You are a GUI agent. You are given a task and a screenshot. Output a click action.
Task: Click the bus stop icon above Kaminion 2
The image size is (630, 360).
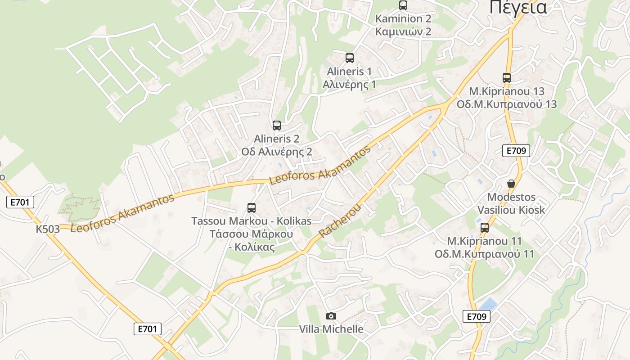pyautogui.click(x=403, y=5)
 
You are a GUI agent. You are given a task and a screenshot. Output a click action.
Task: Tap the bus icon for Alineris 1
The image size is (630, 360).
pyautogui.click(x=350, y=58)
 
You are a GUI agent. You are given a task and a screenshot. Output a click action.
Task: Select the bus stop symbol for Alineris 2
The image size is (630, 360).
pyautogui.click(x=276, y=126)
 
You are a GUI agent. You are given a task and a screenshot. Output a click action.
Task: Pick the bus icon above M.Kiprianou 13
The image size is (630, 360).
pyautogui.click(x=507, y=78)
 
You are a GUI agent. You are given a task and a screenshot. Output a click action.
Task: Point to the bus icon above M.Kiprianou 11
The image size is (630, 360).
pyautogui.click(x=485, y=228)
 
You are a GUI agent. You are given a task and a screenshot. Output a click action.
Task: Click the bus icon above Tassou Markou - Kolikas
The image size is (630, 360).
pyautogui.click(x=252, y=208)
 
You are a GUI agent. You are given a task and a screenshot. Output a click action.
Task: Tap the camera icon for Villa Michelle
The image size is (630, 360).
pyautogui.click(x=331, y=316)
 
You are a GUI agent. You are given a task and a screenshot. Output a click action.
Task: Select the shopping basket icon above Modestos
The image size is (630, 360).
pyautogui.click(x=511, y=184)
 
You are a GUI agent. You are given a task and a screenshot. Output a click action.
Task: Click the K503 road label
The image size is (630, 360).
pyautogui.click(x=48, y=229)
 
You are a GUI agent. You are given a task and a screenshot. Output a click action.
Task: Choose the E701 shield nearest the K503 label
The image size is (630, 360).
pyautogui.click(x=21, y=202)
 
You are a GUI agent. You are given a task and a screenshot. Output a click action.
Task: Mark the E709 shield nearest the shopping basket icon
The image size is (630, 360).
pyautogui.click(x=516, y=151)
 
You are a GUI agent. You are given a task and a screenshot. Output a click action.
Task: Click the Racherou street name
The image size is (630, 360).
pyautogui.click(x=340, y=220)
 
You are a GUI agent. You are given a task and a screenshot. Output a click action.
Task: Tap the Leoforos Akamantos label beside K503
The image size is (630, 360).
pyautogui.click(x=122, y=214)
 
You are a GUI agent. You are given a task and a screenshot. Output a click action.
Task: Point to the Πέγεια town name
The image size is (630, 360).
pyautogui.click(x=518, y=7)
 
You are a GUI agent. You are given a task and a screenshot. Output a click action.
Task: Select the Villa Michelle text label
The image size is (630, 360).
pyautogui.click(x=331, y=329)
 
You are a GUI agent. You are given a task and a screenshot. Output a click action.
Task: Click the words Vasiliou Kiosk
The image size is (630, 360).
pyautogui.click(x=511, y=210)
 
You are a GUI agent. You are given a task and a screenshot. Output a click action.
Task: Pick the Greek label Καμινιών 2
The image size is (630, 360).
pyautogui.click(x=403, y=31)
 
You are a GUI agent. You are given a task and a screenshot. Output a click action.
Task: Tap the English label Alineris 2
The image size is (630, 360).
pyautogui.click(x=276, y=139)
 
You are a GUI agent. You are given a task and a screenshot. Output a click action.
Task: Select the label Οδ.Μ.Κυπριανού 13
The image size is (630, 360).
pyautogui.click(x=506, y=104)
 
